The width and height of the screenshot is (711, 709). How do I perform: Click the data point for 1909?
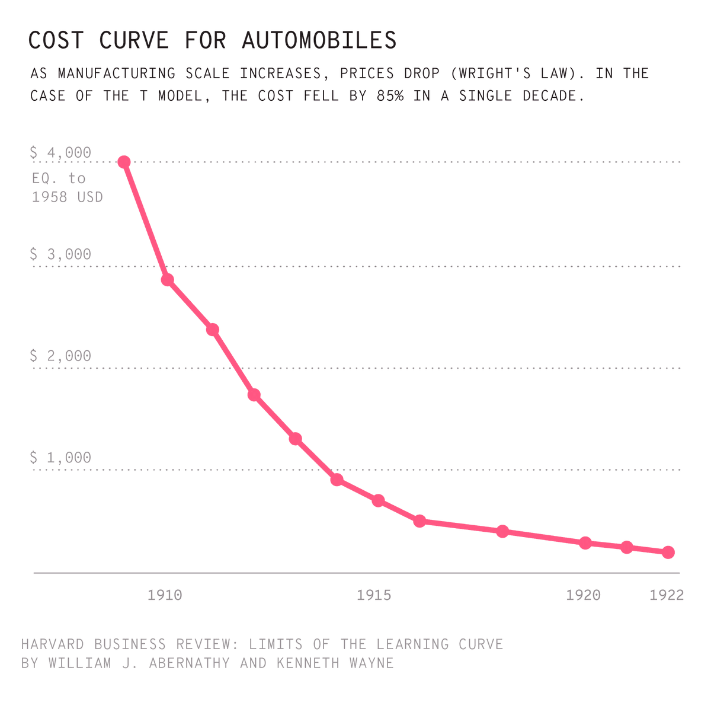[124, 162]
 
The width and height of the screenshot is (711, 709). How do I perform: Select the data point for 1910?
[168, 280]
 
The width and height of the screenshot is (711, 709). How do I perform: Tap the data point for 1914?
[337, 480]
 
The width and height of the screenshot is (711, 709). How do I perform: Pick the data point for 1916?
[419, 521]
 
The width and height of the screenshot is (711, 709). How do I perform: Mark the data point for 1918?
[502, 531]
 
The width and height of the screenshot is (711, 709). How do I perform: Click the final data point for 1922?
[668, 552]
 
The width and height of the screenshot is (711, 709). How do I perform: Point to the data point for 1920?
[585, 543]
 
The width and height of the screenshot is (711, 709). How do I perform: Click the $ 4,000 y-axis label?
[60, 153]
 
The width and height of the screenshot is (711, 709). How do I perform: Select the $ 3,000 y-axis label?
[60, 254]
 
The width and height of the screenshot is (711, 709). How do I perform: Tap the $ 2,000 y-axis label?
[60, 356]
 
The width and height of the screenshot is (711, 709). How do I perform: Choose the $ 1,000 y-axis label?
[60, 458]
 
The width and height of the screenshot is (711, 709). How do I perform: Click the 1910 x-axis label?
[165, 595]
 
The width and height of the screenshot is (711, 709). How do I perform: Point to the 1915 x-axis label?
[374, 595]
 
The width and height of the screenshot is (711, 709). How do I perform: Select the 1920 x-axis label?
[583, 595]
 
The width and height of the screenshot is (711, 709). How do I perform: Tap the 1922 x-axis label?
[667, 595]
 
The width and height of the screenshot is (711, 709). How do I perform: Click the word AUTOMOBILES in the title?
[319, 40]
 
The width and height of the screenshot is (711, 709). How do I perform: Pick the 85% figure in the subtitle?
[390, 96]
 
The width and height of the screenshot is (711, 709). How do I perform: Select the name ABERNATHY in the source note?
[189, 663]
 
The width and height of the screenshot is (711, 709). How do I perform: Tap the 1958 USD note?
[68, 197]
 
